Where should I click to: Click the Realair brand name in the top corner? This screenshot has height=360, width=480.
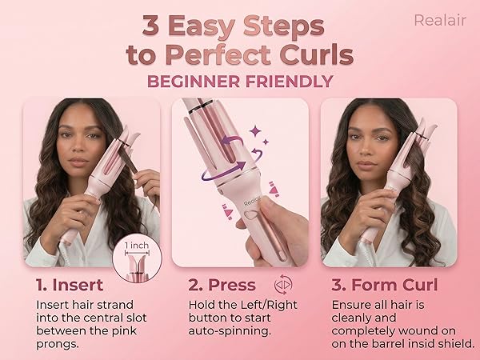(440, 21)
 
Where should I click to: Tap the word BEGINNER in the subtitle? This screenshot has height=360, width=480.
(194, 82)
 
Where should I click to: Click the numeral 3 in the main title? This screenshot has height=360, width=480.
(151, 26)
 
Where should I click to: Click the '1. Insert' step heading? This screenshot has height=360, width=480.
(70, 285)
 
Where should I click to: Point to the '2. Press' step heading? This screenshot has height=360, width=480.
(222, 285)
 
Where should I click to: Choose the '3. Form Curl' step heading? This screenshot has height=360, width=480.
(385, 285)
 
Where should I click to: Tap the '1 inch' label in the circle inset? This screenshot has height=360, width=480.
(137, 246)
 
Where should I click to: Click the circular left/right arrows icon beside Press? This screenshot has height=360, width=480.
(283, 285)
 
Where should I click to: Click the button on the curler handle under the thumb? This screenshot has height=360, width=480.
(250, 214)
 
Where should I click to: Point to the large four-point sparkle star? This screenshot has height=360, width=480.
(255, 131)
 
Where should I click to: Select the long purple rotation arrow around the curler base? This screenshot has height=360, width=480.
(223, 171)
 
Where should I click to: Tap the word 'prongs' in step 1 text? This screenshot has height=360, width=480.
(56, 344)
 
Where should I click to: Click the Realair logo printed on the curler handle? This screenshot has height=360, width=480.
(252, 202)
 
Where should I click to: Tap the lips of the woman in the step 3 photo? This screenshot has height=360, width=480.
(366, 165)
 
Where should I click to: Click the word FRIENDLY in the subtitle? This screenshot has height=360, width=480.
(290, 82)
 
